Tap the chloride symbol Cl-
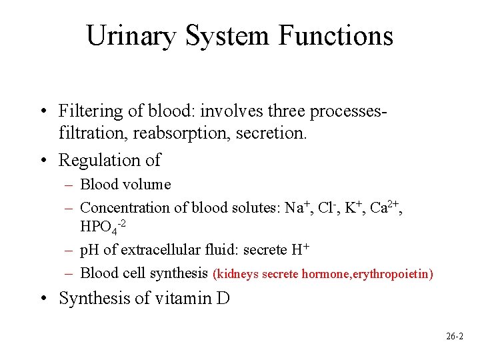[x=326, y=207]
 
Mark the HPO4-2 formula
[x=102, y=227]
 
